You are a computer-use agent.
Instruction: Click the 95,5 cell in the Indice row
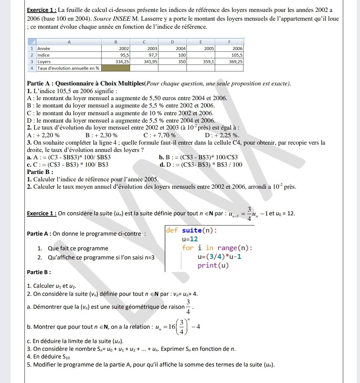click(x=125, y=55)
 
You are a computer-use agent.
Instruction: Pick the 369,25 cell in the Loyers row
click(x=236, y=61)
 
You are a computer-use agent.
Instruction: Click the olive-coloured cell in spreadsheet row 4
click(x=116, y=68)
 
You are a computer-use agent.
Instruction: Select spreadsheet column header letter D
click(x=172, y=42)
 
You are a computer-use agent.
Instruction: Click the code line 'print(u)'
click(x=213, y=265)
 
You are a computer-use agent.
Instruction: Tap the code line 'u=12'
click(x=190, y=239)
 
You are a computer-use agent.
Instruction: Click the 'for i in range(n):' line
click(x=217, y=248)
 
